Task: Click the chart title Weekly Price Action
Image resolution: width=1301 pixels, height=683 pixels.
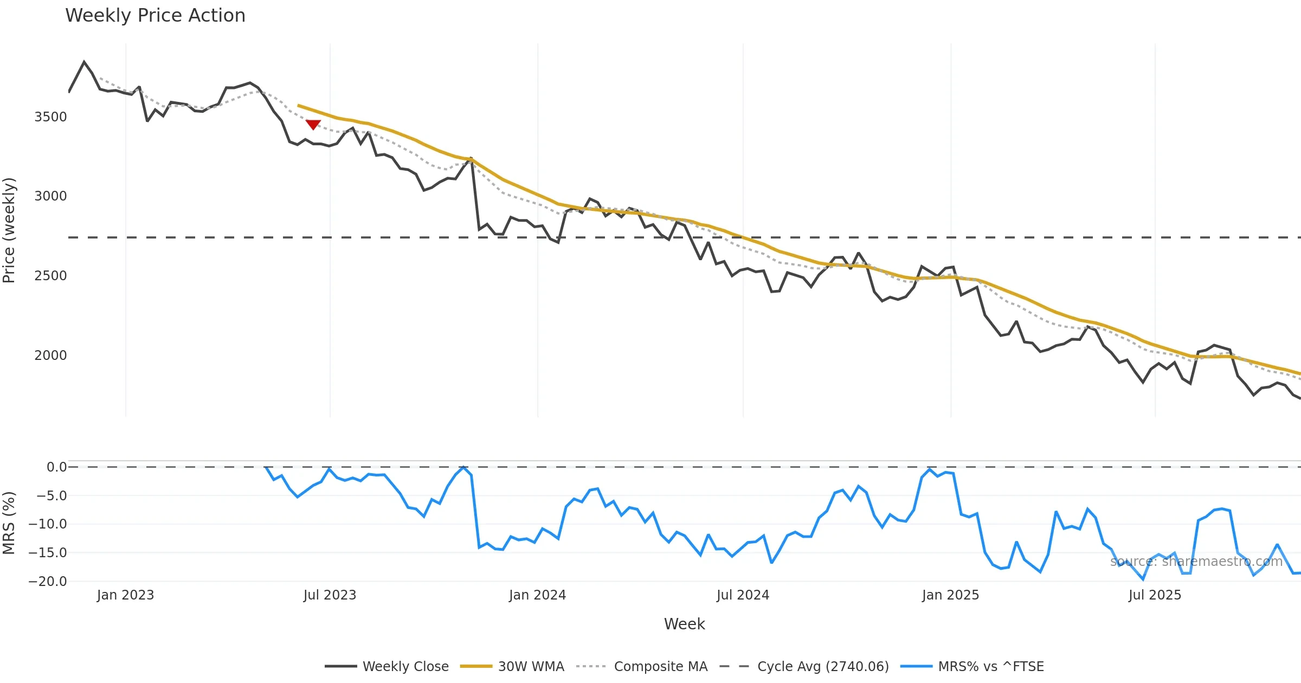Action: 155,16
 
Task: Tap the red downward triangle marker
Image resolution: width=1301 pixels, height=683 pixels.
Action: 313,125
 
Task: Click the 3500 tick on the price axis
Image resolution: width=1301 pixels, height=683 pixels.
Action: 50,117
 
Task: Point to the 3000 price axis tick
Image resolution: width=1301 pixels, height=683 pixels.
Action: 50,196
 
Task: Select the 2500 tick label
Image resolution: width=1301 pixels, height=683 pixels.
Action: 50,276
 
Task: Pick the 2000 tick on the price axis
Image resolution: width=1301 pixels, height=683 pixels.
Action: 50,356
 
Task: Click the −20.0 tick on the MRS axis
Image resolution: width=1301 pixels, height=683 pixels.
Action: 48,582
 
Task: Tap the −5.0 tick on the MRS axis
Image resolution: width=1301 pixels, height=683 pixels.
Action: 51,496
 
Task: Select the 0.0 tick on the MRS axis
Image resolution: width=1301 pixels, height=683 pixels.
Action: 56,467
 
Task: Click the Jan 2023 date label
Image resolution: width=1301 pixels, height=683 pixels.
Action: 126,595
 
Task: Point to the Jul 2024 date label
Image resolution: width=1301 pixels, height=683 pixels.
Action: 743,595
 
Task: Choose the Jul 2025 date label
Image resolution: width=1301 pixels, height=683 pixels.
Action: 1155,595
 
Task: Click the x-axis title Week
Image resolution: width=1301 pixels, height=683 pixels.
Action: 684,624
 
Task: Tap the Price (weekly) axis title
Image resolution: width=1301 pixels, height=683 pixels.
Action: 9,230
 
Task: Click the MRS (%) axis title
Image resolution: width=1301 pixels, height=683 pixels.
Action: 9,523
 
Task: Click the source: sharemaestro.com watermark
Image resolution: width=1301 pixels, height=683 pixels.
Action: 1196,562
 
